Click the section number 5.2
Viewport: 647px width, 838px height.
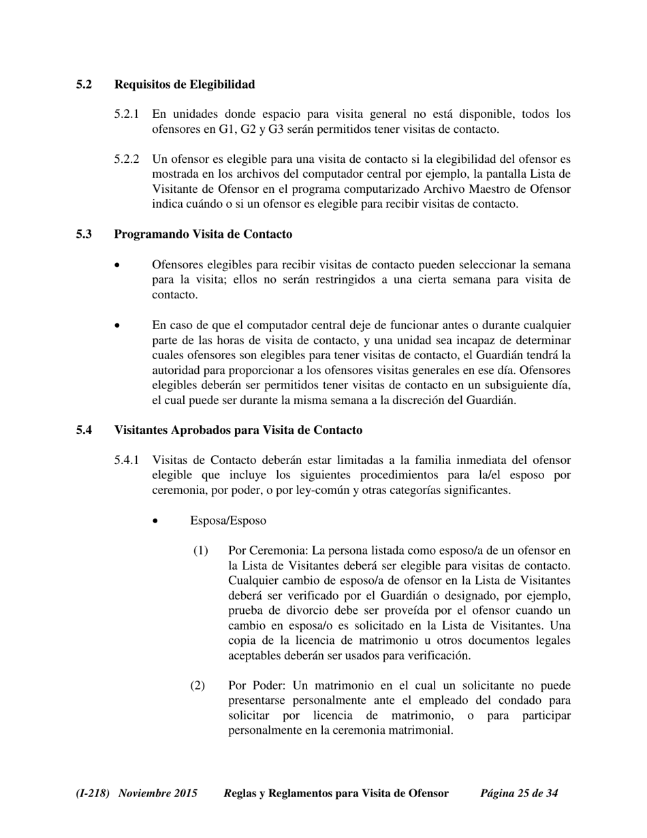[84, 84]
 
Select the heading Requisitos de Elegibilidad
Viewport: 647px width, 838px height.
[185, 84]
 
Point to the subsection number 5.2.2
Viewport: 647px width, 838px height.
[127, 159]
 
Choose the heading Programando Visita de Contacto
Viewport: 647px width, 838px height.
[203, 234]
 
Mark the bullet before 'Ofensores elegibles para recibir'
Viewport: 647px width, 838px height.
[119, 265]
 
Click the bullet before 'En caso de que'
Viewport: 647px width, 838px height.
[119, 326]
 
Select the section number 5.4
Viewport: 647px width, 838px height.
[84, 431]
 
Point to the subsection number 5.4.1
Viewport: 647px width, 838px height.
[127, 461]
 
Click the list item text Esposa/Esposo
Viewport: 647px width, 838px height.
[228, 521]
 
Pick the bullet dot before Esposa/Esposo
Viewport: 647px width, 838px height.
[157, 522]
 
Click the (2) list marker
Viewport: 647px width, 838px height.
[198, 685]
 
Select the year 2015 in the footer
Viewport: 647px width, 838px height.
[185, 794]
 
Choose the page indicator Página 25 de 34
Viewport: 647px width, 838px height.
[520, 794]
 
